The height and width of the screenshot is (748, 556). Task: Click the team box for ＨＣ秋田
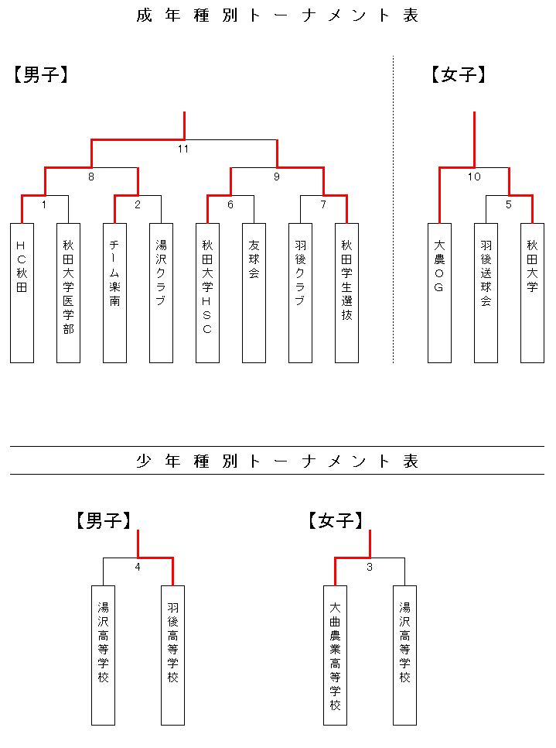22,293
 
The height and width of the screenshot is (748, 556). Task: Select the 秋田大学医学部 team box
68,293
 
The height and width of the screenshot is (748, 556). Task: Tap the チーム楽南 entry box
114,293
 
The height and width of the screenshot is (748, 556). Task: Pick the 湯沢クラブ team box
161,293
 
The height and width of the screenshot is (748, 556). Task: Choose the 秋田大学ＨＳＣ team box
207,293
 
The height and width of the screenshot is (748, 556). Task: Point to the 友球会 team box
254,293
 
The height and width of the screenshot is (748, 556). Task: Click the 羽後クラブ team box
300,293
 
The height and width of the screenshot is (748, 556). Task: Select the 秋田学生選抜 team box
347,293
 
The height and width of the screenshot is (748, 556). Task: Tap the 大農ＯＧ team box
439,293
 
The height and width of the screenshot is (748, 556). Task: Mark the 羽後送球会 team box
486,293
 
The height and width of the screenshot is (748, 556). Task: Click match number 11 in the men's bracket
183,149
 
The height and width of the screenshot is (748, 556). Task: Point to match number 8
91,177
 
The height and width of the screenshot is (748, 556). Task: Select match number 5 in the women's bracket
508,204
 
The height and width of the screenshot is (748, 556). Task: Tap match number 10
474,177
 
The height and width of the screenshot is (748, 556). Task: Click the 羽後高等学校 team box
173,655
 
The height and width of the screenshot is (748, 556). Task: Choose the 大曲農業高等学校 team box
336,655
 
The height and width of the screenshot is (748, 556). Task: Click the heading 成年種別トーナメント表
278,15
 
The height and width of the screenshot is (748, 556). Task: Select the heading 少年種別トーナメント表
278,461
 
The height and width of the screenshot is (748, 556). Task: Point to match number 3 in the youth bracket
370,568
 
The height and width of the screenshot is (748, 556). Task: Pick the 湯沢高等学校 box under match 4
104,655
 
